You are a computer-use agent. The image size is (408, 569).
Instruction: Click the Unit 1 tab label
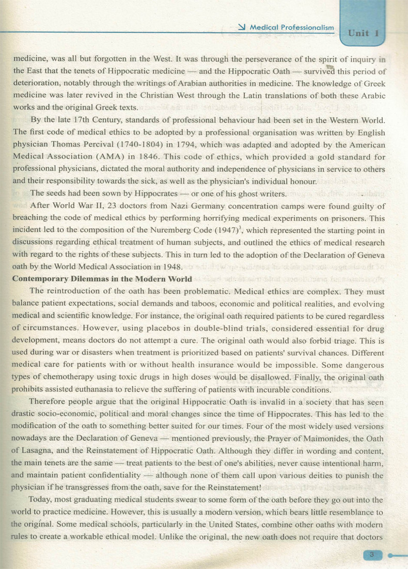click(x=364, y=33)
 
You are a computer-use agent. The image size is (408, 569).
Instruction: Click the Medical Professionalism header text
click(x=292, y=27)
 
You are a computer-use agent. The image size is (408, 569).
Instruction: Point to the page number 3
click(x=371, y=555)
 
